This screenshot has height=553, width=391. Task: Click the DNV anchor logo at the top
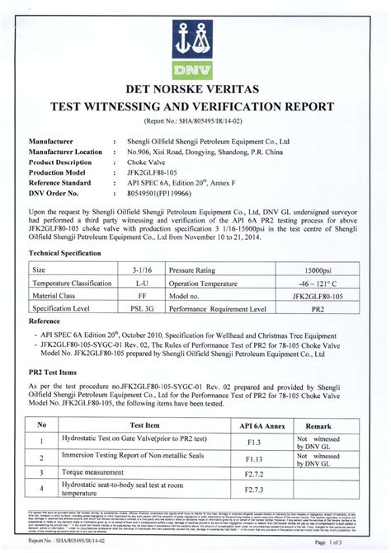[x=195, y=46]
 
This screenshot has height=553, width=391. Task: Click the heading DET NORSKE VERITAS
[x=195, y=91]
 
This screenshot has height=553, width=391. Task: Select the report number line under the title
[x=195, y=120]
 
